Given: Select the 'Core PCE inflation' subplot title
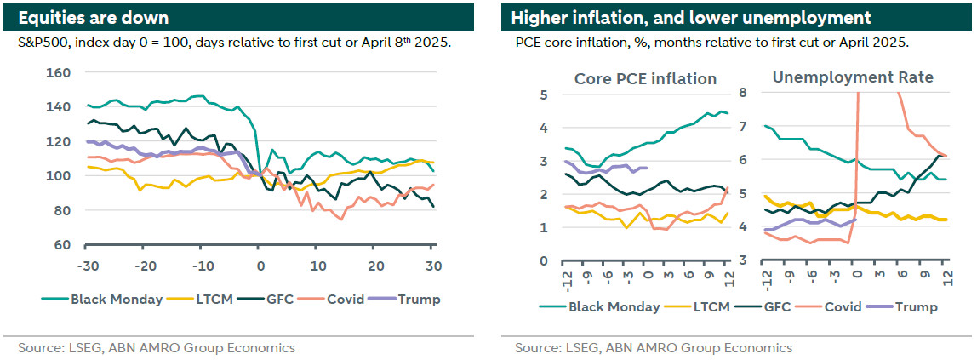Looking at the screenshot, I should [x=645, y=78].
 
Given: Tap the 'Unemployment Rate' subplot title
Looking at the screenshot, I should [x=853, y=77].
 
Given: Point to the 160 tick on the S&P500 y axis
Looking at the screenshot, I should [x=57, y=72].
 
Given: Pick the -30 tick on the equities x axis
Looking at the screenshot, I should [x=87, y=265].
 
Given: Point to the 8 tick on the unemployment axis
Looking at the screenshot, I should [x=742, y=93].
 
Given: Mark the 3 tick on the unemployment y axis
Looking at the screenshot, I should [x=742, y=260].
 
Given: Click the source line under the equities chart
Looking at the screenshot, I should [x=157, y=347].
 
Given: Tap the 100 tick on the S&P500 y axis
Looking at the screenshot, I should [x=57, y=176].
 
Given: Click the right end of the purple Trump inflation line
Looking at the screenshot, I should [x=648, y=168].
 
